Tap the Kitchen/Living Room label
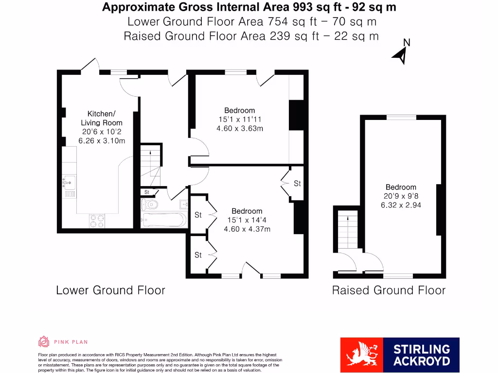[x=102, y=119]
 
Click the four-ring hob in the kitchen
[x=97, y=221]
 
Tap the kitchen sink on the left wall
[x=68, y=183]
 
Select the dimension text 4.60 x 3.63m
[x=240, y=128]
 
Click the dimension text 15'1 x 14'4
[x=247, y=220]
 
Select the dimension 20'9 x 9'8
[x=401, y=196]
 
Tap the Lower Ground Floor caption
[x=110, y=290]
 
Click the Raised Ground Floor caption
[x=389, y=290]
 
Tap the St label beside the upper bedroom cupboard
[x=297, y=184]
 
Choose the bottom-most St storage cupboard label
[x=198, y=255]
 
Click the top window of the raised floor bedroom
[x=401, y=117]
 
